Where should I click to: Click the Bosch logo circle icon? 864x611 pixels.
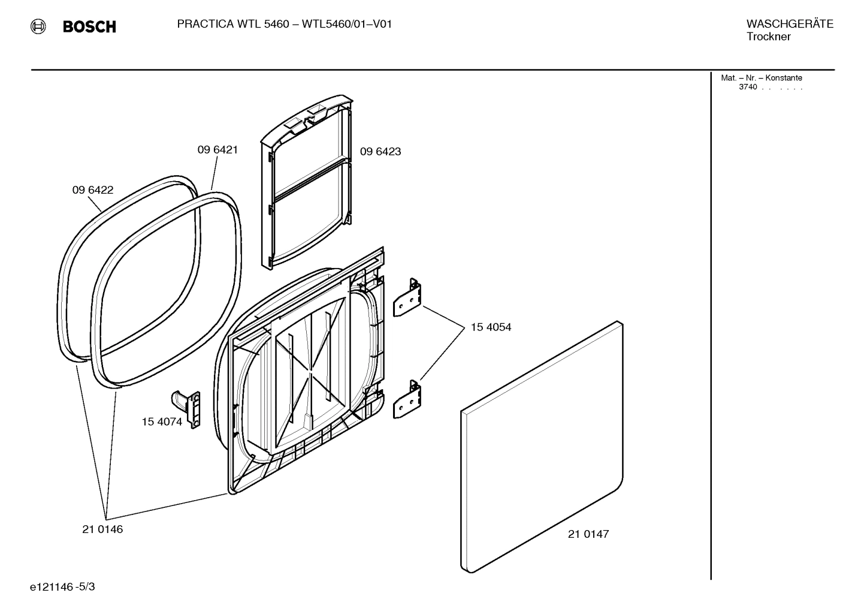38,26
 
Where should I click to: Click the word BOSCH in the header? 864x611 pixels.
89,27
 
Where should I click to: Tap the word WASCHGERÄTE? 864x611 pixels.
789,24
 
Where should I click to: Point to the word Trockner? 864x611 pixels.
768,37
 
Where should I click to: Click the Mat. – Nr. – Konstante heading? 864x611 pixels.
761,78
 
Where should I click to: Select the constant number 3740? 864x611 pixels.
748,87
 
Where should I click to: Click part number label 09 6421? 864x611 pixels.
217,150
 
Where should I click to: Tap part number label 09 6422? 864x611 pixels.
93,190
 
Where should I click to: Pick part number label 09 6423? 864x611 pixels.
380,152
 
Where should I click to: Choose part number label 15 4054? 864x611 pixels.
491,327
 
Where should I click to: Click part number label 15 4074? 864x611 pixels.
162,422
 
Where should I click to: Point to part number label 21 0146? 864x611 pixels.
102,529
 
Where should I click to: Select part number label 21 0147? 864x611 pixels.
588,534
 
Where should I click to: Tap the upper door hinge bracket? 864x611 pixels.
407,297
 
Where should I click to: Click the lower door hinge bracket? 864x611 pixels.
407,399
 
